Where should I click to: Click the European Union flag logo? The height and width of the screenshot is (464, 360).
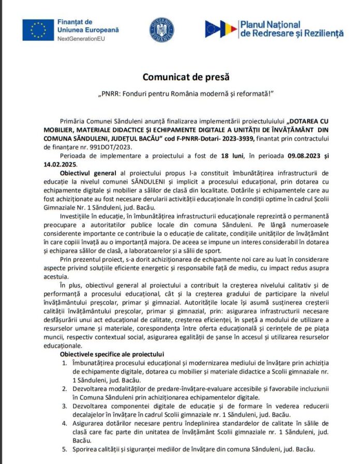pyautogui.click(x=38, y=29)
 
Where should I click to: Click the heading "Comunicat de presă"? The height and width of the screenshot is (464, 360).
pyautogui.click(x=180, y=77)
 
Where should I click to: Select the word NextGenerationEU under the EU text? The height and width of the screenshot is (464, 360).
pyautogui.click(x=83, y=39)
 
